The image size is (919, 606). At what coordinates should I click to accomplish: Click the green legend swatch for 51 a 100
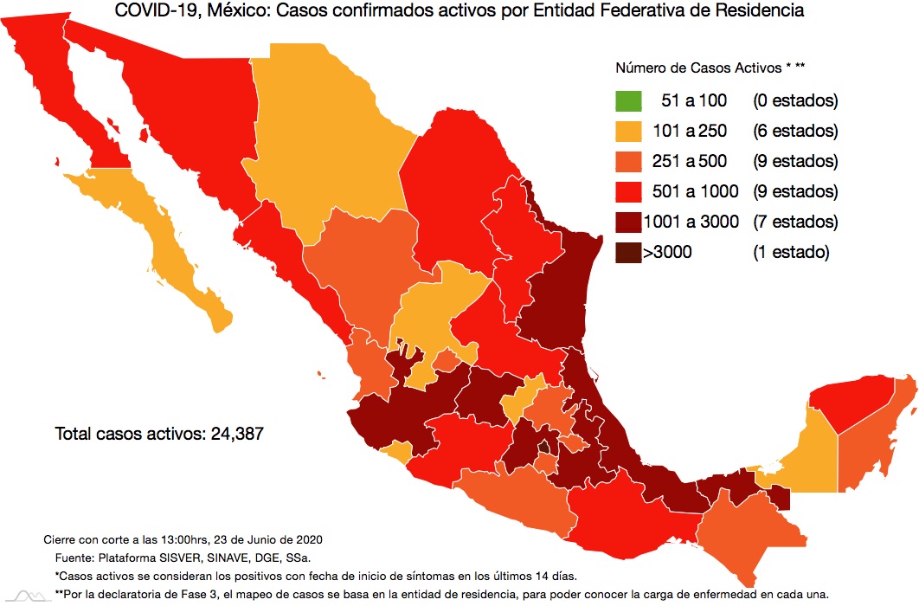(x=629, y=101)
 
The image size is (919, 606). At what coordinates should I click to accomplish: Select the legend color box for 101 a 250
(x=629, y=132)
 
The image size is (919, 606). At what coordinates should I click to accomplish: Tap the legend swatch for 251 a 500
(x=629, y=162)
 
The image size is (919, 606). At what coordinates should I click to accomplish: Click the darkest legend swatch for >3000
(x=629, y=253)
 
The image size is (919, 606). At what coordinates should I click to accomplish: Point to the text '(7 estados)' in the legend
(x=795, y=222)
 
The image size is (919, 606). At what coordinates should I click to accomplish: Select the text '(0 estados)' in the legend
(x=795, y=101)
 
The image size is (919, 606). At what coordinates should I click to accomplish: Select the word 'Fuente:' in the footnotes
(x=75, y=558)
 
